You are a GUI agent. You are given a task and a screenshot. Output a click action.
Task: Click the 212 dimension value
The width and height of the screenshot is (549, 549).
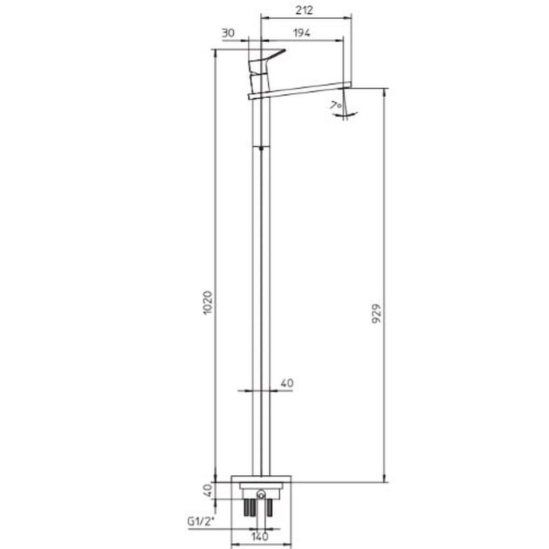click(304, 10)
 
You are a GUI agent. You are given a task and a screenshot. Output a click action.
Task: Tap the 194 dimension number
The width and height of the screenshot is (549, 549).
click(301, 33)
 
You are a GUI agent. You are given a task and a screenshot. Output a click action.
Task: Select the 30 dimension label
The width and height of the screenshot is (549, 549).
click(228, 33)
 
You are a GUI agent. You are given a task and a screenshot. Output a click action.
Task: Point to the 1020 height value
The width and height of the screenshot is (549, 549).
click(208, 303)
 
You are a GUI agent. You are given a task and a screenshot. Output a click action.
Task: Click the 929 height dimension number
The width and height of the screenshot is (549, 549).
click(376, 314)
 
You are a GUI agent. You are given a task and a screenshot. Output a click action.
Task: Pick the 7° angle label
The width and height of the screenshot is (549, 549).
click(336, 105)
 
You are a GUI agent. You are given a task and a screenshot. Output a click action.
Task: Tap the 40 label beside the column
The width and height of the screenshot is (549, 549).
click(287, 383)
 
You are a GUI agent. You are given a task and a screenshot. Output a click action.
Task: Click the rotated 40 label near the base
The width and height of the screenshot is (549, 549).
click(208, 491)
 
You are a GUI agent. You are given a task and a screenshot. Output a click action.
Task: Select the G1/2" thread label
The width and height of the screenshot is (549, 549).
click(201, 522)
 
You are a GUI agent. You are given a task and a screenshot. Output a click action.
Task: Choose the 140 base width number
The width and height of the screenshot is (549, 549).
click(260, 536)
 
